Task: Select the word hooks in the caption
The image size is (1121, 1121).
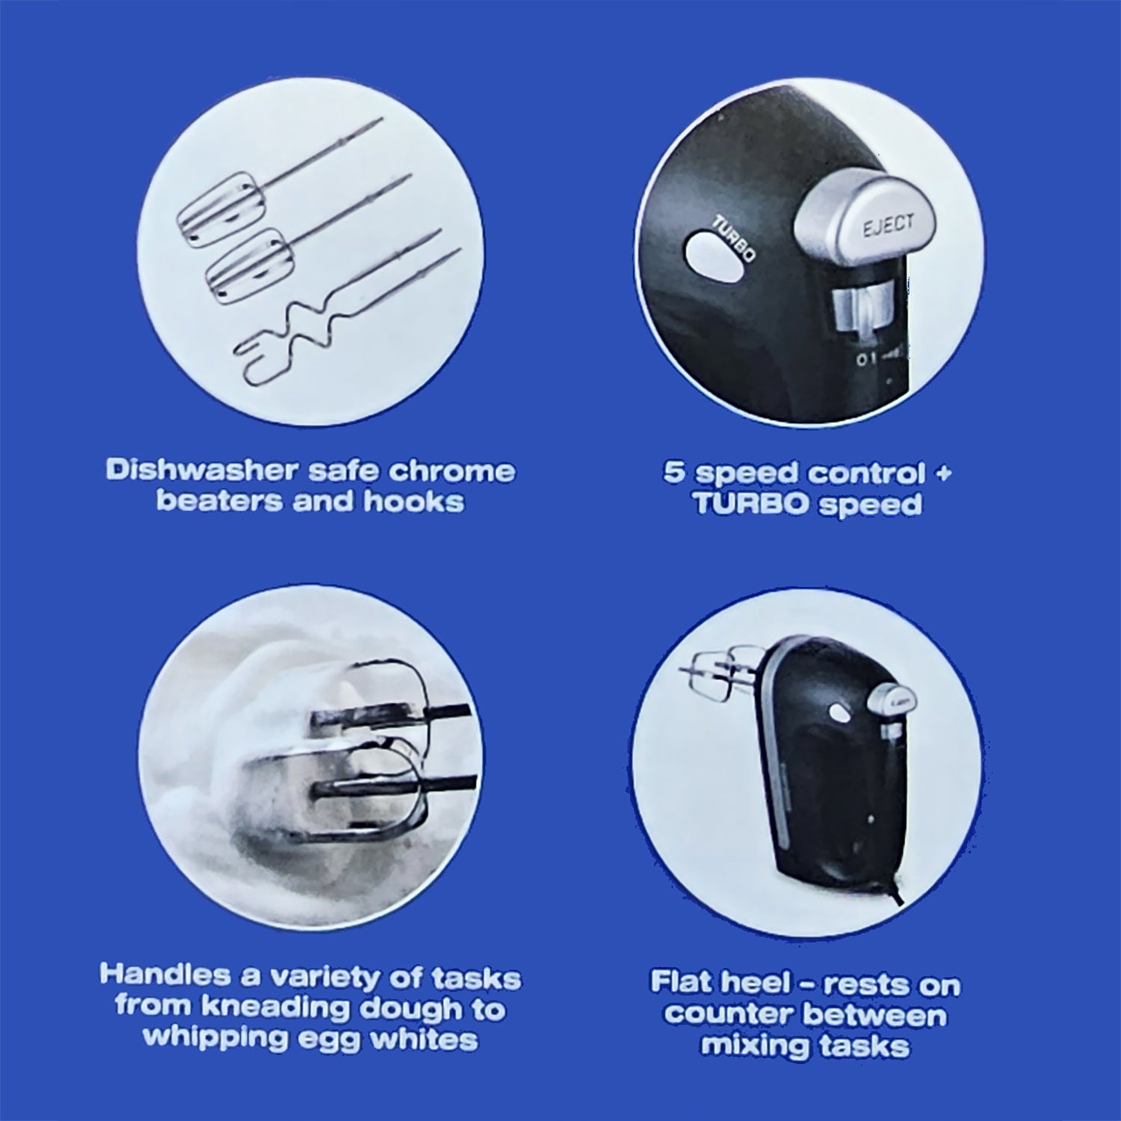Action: click(x=414, y=501)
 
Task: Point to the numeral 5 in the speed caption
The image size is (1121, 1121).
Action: click(x=675, y=474)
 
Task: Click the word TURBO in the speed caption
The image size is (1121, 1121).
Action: click(x=750, y=504)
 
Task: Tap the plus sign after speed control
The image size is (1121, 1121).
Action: click(x=943, y=473)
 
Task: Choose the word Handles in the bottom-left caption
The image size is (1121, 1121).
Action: click(x=165, y=975)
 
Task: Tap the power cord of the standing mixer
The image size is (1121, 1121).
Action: click(x=898, y=889)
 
